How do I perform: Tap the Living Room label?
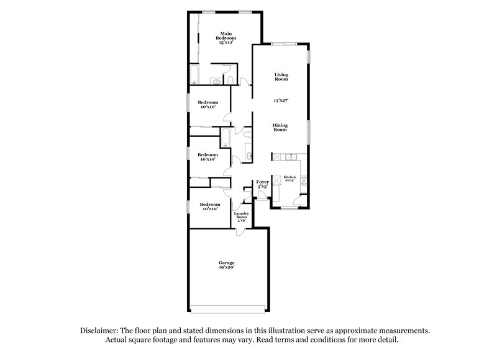coord(282,77)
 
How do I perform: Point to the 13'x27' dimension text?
coord(282,100)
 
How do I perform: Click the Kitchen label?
coord(290,177)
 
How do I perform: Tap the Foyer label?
coord(263,182)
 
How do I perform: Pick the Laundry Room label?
coord(240,215)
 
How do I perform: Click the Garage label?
coord(226,263)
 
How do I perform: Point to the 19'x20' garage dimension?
coord(226,268)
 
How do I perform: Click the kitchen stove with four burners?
coord(303,180)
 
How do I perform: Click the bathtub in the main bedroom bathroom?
coord(194,74)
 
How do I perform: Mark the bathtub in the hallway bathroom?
coord(226,137)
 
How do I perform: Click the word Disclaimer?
coord(98,331)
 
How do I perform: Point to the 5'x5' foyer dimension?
coord(263,187)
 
